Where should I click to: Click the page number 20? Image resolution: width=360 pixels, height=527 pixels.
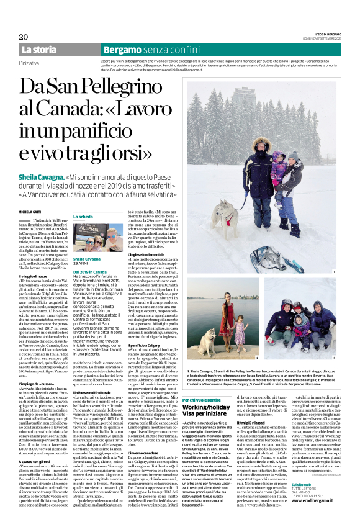(23, 37)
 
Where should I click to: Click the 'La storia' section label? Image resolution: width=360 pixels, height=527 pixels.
(39, 50)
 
